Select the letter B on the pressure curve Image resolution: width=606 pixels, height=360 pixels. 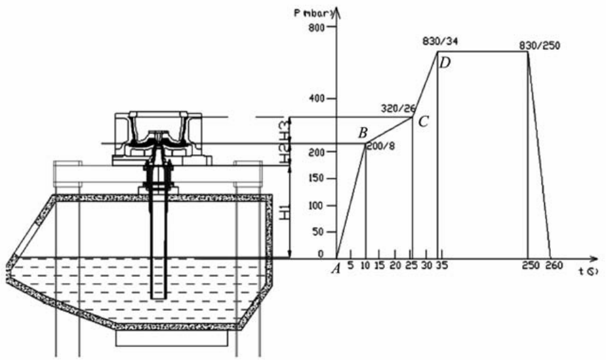362,133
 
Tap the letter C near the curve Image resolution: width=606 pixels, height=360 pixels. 423,121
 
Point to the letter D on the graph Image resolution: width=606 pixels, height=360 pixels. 445,63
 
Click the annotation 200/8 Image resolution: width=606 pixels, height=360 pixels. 378,146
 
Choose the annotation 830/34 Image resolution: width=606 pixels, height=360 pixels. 439,41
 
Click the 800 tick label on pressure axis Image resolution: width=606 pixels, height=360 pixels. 317,28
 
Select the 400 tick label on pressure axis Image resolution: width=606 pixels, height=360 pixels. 317,98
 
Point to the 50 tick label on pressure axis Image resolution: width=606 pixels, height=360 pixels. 319,232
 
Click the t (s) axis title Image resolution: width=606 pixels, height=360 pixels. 588,271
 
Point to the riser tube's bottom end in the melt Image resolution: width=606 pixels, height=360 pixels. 157,296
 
